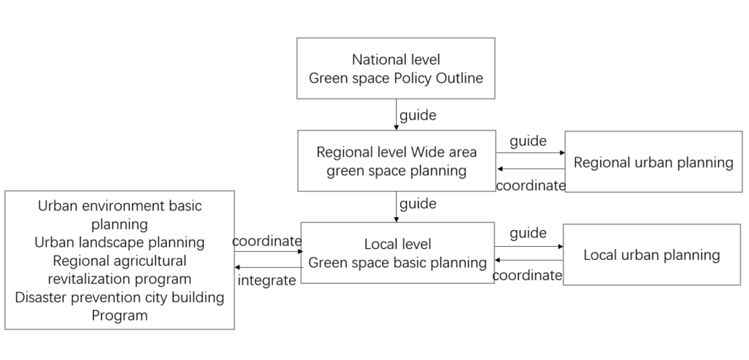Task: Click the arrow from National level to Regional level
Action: tap(396, 115)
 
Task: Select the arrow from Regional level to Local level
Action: tap(396, 207)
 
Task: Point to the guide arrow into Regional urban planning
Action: tap(531, 153)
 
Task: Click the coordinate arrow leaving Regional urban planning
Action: tap(531, 168)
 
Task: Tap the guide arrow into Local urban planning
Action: tap(529, 246)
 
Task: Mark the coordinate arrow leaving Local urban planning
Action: tap(529, 261)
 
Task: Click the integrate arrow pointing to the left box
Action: tap(268, 267)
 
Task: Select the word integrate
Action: tap(266, 280)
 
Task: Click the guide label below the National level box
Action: tap(418, 115)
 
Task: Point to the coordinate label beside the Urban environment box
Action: tap(267, 241)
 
